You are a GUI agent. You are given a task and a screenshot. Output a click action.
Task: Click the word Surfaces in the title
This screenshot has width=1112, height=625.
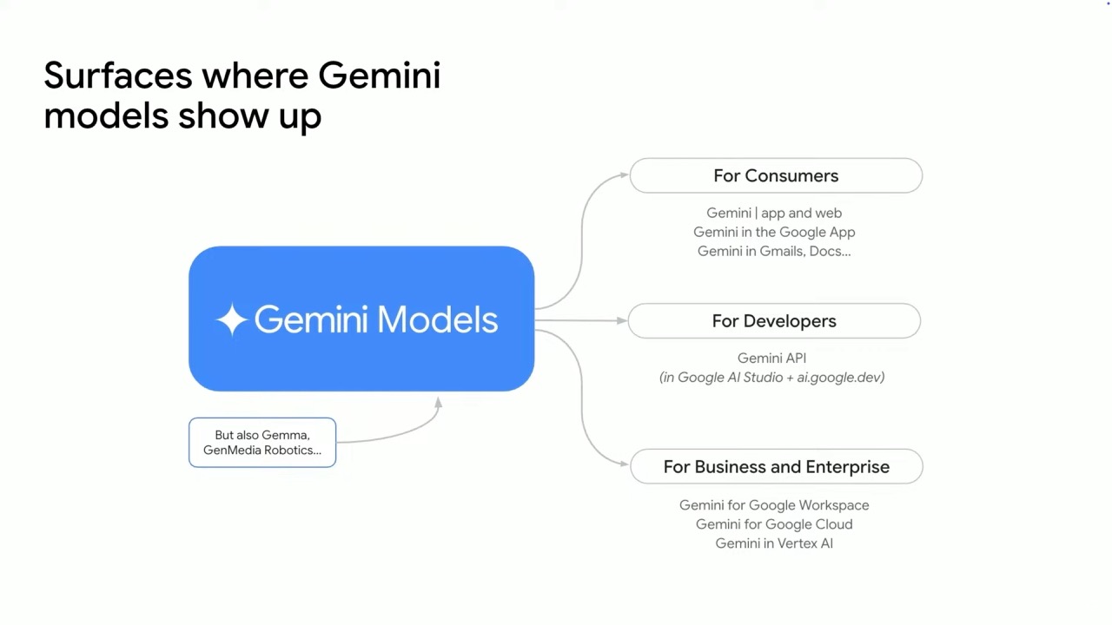[117, 76]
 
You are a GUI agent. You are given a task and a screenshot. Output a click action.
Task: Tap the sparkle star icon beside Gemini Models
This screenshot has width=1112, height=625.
[231, 319]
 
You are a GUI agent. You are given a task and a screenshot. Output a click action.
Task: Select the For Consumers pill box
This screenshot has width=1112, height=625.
[776, 175]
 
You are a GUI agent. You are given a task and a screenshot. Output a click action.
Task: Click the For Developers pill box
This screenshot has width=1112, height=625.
[774, 321]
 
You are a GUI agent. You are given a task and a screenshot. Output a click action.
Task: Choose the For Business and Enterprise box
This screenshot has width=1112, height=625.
[777, 467]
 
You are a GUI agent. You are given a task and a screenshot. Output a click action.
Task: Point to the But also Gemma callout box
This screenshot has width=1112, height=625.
[262, 443]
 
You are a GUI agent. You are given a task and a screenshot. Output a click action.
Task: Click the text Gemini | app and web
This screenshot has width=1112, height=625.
[774, 213]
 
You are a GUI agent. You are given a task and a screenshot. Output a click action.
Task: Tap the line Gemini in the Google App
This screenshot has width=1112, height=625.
[774, 232]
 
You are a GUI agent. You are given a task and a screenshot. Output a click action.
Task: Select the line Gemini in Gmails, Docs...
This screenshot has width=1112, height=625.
[774, 251]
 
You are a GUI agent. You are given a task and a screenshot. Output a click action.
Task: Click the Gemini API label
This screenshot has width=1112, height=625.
[772, 359]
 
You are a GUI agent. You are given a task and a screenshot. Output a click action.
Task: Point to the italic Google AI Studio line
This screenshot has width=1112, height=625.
[772, 378]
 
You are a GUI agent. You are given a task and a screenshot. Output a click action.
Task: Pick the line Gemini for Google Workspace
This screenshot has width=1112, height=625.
[774, 505]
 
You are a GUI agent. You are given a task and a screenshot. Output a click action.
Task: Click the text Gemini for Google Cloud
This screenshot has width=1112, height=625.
[774, 524]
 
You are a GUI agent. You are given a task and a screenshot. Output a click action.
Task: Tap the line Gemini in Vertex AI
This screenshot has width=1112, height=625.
[774, 543]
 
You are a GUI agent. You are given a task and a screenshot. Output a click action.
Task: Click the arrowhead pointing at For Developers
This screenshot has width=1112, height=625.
[621, 321]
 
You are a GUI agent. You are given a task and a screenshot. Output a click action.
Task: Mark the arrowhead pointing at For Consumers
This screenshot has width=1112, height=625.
[624, 174]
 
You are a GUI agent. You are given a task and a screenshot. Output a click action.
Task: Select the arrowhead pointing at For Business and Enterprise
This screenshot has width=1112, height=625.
[624, 464]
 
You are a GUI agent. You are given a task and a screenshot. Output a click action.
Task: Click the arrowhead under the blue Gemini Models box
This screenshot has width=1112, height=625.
[439, 403]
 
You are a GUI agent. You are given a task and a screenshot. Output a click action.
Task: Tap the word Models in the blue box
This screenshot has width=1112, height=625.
[437, 320]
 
